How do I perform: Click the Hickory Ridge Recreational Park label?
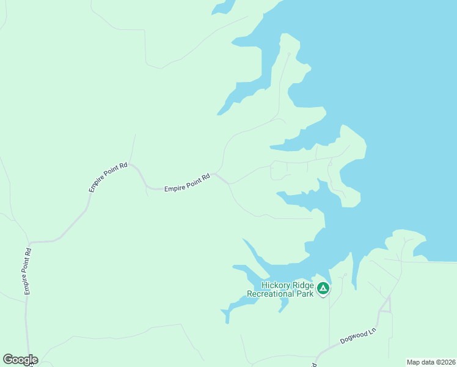click(280, 289)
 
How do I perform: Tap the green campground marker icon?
click(323, 288)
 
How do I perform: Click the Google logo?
click(20, 360)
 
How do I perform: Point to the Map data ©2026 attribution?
click(430, 362)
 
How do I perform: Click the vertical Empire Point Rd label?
click(27, 271)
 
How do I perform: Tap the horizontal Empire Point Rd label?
click(187, 183)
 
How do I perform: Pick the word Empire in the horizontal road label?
click(174, 189)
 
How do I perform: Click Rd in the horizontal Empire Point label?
click(206, 178)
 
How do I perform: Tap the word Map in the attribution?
click(413, 362)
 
